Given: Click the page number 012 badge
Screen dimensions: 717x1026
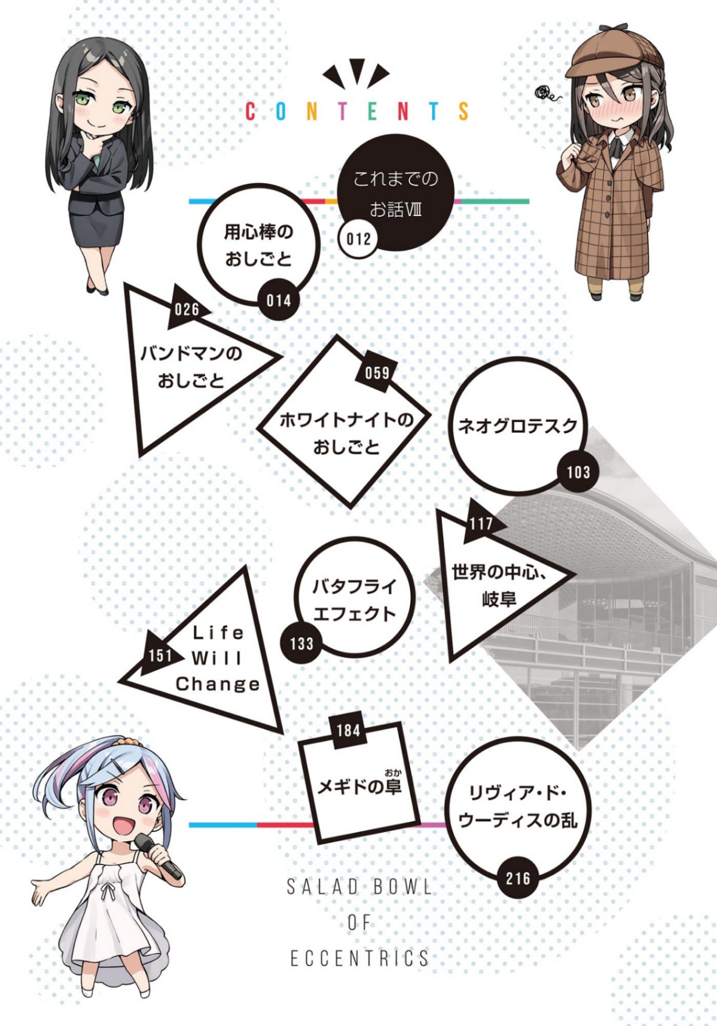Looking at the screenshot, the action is point(358,239).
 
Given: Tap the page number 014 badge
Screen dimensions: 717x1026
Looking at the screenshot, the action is point(279,301).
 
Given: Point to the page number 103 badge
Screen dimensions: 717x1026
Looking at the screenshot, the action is point(578,472).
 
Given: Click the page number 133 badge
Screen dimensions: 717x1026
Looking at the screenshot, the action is point(301,643).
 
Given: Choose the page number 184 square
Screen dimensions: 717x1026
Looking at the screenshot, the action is point(348,730).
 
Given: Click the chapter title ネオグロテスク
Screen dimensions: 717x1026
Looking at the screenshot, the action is point(518,426).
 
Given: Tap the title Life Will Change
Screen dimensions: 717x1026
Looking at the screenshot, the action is point(217,658).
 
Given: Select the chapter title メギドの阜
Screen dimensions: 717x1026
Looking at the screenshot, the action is point(359,786).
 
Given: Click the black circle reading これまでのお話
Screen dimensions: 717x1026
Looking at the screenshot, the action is point(396,192).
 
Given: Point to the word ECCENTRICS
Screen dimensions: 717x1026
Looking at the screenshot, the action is point(359,958).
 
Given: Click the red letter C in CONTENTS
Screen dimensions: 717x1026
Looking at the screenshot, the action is point(251,111).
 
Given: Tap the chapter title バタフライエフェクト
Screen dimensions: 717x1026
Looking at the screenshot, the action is point(355,600).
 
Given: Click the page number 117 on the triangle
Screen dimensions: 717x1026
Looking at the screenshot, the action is point(481,523).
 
